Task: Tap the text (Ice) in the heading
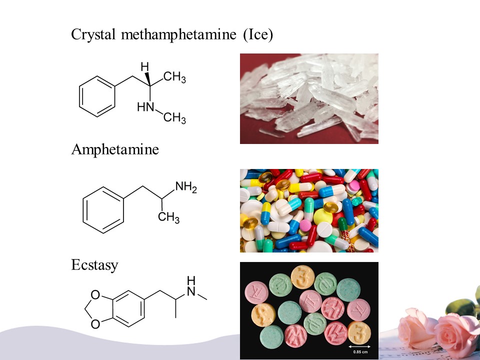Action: [257, 35]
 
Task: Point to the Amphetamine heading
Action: [115, 149]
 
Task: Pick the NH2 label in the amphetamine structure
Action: [186, 188]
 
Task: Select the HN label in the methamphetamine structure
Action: [145, 107]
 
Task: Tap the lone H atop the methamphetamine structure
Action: [144, 66]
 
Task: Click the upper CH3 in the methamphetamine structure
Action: [174, 78]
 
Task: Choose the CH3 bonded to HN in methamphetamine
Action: [174, 118]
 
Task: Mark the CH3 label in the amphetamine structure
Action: [168, 218]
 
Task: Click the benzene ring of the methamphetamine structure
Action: [98, 97]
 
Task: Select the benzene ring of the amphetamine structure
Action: [102, 209]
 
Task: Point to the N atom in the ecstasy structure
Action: [190, 291]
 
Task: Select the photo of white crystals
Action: [309, 98]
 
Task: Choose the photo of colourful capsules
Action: [309, 210]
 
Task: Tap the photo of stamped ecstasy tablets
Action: [309, 310]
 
